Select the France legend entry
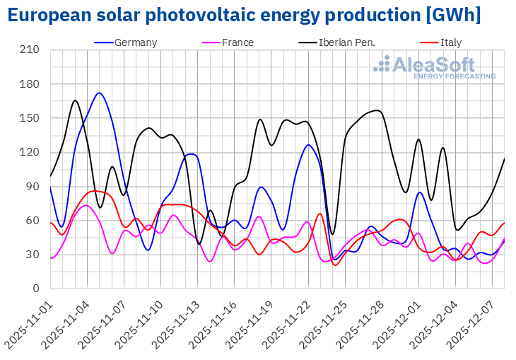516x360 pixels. tap(238, 42)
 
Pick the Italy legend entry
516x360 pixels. tap(450, 42)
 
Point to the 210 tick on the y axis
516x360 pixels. tap(30, 50)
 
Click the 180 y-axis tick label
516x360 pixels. tap(30, 84)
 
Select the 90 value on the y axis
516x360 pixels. tap(33, 187)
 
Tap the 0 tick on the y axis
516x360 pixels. tap(36, 289)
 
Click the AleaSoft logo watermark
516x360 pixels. tap(434, 67)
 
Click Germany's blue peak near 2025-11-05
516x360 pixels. tap(99, 93)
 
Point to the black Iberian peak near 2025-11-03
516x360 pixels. tap(75, 100)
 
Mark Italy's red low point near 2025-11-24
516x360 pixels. tap(335, 265)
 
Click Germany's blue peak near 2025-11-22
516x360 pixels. tap(308, 145)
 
